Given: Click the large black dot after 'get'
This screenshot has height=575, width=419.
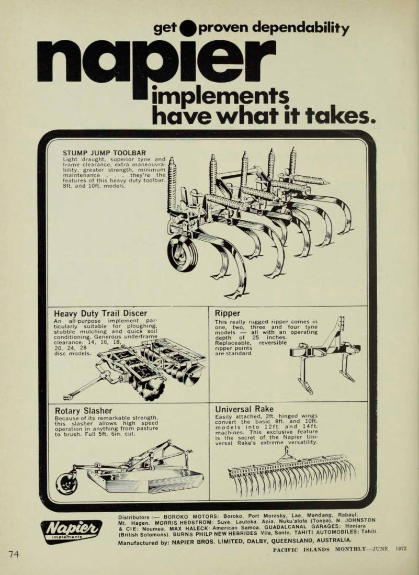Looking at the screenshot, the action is (x=188, y=28).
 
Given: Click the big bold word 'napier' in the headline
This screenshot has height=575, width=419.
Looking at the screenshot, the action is (x=156, y=66).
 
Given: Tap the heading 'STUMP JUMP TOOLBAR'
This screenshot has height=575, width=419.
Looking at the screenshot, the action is (x=104, y=153).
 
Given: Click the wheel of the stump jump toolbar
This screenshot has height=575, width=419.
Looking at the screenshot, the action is (x=182, y=253).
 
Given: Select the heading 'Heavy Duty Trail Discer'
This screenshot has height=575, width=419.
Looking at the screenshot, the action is (x=100, y=313).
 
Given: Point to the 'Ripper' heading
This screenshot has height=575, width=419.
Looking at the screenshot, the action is (x=227, y=313).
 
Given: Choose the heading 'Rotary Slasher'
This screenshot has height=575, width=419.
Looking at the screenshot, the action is (x=83, y=410).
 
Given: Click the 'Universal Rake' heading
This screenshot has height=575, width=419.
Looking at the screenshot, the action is (x=244, y=409).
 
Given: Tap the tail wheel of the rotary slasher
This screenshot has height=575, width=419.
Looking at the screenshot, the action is (x=67, y=483).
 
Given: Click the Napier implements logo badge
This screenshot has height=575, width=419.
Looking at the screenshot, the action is (x=71, y=531).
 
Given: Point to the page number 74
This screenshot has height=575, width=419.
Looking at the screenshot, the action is (x=14, y=554).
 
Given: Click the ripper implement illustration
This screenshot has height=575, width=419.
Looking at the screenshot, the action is (x=324, y=354).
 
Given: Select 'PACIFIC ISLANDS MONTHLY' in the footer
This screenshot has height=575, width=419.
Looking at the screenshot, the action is (x=319, y=549).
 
